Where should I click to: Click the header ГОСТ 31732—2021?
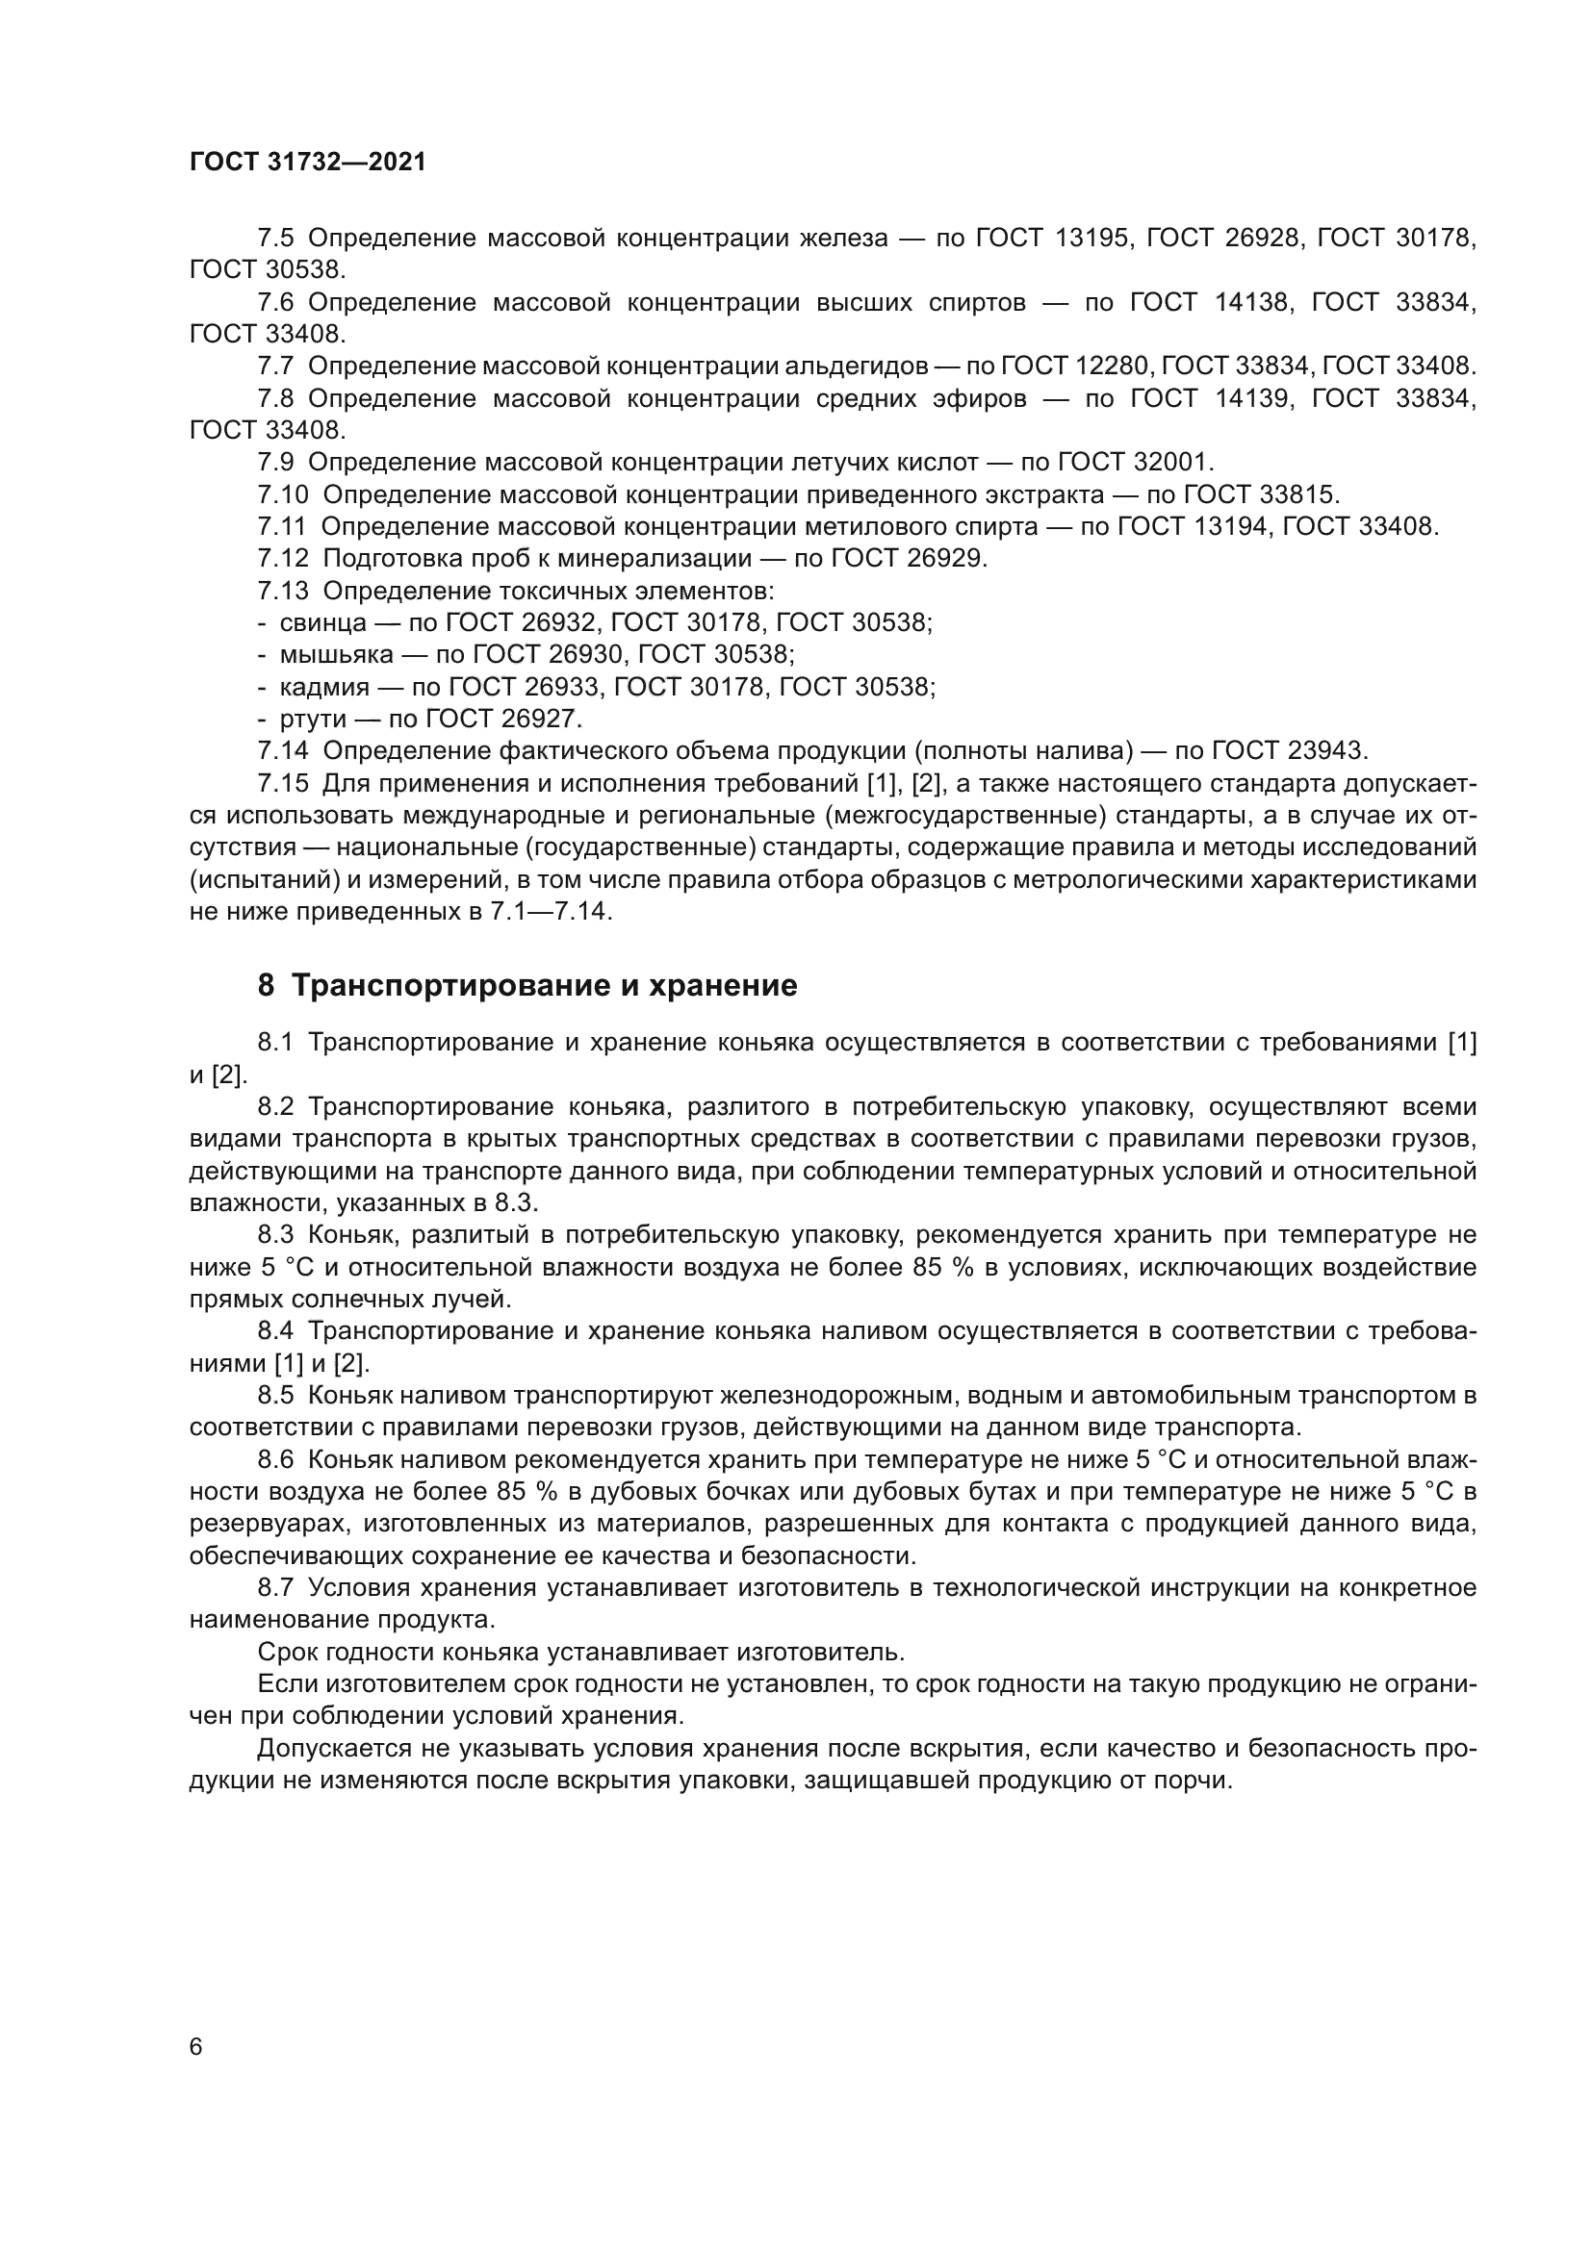coord(308,163)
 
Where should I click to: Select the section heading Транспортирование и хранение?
coord(544,986)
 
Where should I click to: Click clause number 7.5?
coord(275,239)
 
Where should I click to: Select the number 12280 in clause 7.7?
coord(1110,367)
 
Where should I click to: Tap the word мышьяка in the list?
coord(336,655)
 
